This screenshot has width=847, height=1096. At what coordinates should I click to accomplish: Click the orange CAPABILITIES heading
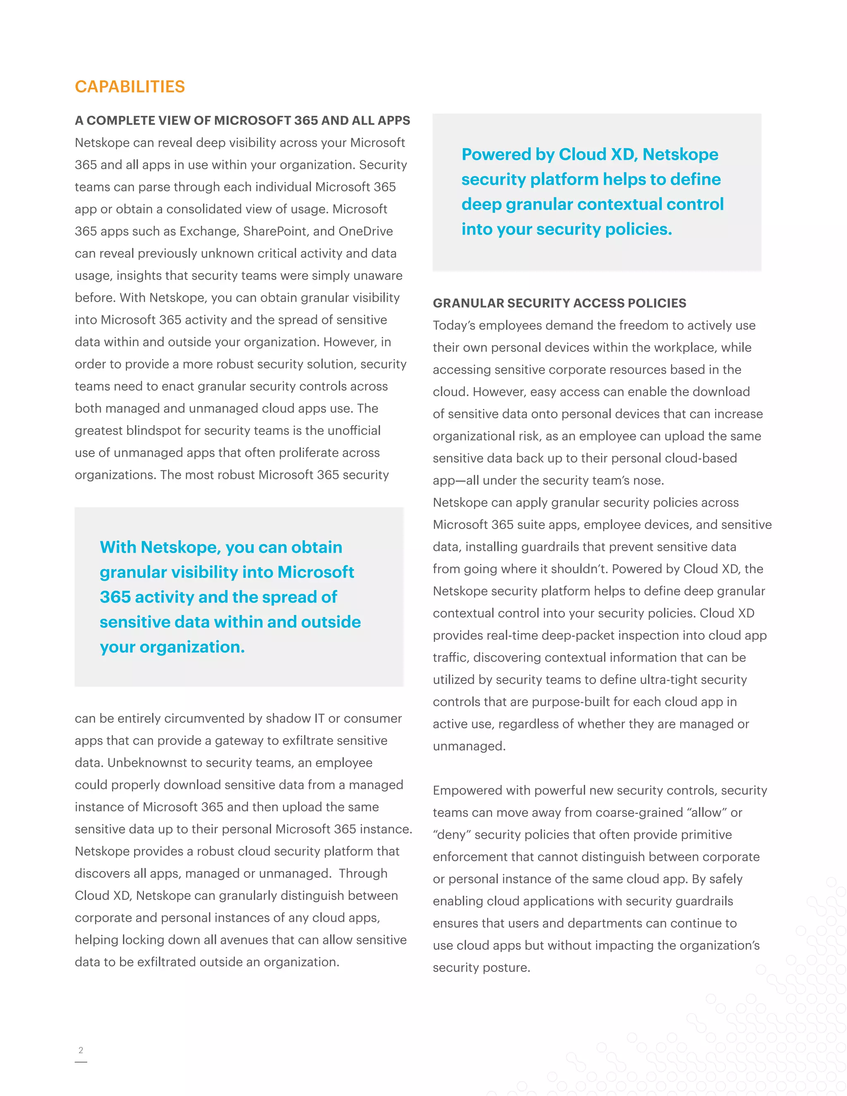coord(129,87)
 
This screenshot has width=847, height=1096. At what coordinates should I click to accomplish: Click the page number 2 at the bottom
coord(81,1050)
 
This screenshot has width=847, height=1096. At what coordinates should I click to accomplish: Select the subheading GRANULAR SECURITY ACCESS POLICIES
coord(559,303)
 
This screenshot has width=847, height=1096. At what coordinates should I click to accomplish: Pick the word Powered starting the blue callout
coord(497,154)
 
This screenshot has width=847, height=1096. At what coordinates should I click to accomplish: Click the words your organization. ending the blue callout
coord(172,647)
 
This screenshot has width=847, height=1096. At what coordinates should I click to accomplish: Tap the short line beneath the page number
coord(81,1062)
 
